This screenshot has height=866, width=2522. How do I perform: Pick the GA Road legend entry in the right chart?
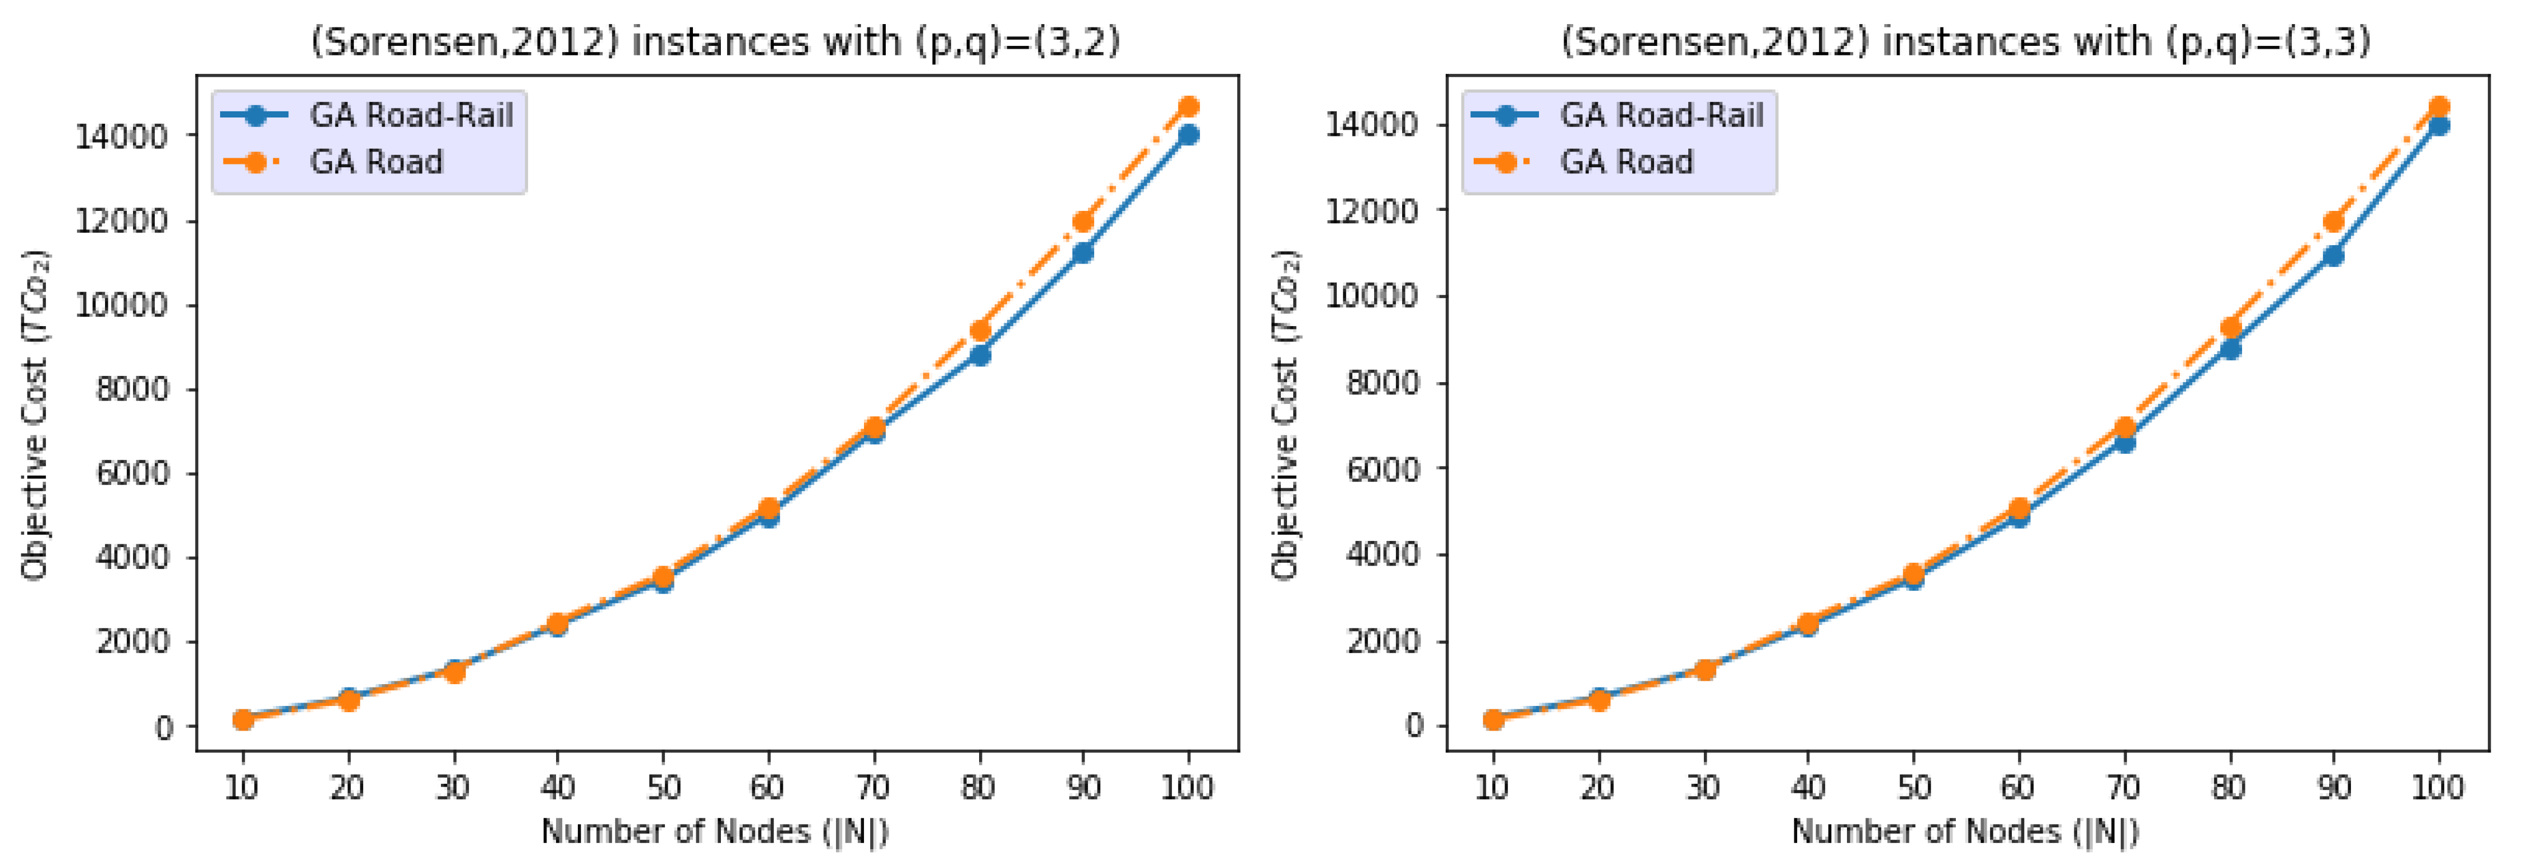click(1625, 162)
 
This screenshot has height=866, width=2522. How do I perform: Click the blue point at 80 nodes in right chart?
click(2229, 349)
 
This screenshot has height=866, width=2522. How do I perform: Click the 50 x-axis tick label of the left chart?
click(663, 787)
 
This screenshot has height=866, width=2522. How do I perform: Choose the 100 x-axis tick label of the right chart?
click(2438, 787)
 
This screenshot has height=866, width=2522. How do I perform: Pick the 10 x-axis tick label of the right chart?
click(1492, 787)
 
